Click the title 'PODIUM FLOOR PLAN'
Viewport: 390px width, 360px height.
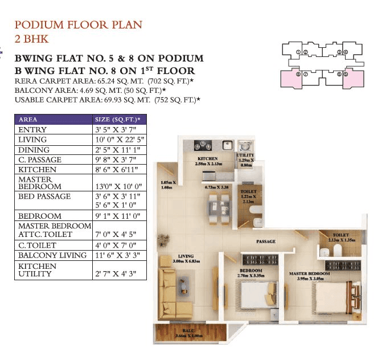[78, 25]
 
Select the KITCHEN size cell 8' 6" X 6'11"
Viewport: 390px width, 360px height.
[116, 170]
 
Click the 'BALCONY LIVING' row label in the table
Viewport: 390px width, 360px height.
[52, 255]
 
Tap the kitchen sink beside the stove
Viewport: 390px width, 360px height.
[225, 145]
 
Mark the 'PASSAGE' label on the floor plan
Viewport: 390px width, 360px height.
[265, 242]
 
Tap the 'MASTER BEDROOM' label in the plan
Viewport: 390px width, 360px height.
[309, 273]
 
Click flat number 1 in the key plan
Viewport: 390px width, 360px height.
[298, 52]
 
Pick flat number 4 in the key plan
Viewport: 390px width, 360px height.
[346, 52]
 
